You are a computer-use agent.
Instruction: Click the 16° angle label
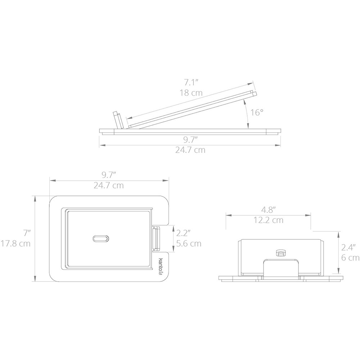click(256, 112)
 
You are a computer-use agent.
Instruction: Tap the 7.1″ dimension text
click(191, 82)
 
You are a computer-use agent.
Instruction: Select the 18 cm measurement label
click(191, 93)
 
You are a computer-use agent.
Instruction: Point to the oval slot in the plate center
click(100, 239)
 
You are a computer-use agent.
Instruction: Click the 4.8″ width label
click(269, 210)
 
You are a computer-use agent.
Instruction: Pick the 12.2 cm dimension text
click(269, 220)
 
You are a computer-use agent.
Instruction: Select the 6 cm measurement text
click(350, 258)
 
